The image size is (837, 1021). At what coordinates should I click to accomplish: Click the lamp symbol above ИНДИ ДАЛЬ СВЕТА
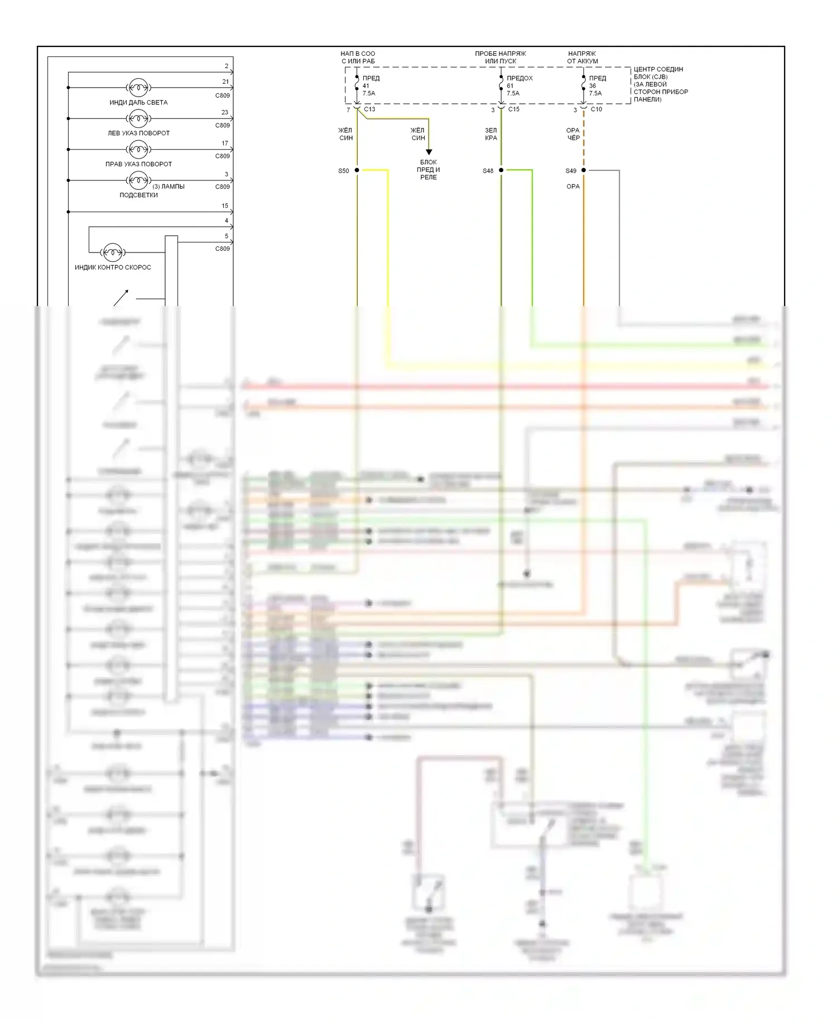(x=138, y=88)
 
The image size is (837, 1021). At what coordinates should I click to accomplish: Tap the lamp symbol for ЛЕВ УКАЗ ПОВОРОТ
(x=138, y=118)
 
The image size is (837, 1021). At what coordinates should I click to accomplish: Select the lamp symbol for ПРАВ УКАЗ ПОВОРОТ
(x=138, y=149)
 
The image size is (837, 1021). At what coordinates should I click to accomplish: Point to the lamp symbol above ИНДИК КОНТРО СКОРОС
(x=113, y=252)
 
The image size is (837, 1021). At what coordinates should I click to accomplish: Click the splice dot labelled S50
(x=357, y=170)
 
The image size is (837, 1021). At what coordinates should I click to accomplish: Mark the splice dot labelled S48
(x=501, y=170)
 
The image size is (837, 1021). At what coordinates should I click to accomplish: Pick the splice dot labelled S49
(x=584, y=170)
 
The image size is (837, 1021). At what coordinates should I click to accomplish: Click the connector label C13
(x=369, y=109)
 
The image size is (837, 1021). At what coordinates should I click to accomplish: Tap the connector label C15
(x=513, y=109)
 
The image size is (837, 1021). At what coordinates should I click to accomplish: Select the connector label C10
(x=596, y=109)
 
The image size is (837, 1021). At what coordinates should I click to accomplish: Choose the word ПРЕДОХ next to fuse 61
(x=519, y=78)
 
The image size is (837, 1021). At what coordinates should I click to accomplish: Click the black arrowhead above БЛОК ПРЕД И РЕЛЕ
(x=429, y=152)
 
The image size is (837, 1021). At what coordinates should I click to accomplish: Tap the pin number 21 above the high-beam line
(x=225, y=82)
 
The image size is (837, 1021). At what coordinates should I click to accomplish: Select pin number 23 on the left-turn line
(x=225, y=112)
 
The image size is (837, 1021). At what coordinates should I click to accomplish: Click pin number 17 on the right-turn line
(x=225, y=144)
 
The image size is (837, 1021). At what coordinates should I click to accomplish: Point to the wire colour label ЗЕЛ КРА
(x=491, y=134)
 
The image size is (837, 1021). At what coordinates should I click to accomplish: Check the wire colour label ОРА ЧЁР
(x=573, y=134)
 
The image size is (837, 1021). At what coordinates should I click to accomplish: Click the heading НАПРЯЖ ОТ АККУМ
(x=582, y=58)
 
